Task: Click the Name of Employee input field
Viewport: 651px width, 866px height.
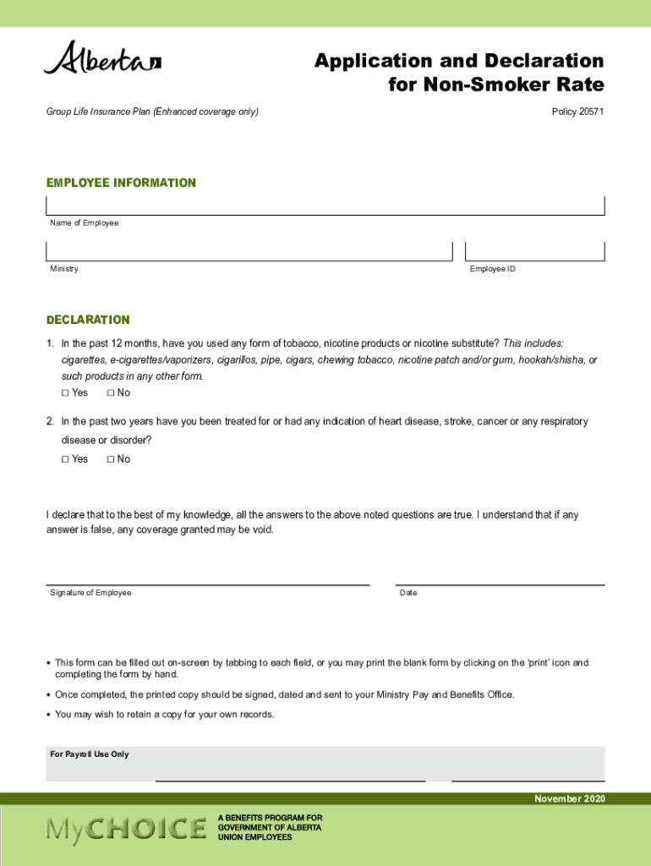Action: pyautogui.click(x=325, y=206)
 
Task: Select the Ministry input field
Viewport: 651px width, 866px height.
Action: pyautogui.click(x=249, y=251)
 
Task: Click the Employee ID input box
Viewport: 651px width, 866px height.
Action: pyautogui.click(x=535, y=251)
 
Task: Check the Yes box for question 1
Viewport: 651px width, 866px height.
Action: pyautogui.click(x=66, y=393)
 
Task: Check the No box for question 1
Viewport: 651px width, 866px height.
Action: pyautogui.click(x=112, y=393)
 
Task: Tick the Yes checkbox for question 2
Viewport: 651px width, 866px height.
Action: pyautogui.click(x=66, y=459)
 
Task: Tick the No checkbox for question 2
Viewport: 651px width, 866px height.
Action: pyautogui.click(x=112, y=459)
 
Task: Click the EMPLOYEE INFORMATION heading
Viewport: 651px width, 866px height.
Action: pyautogui.click(x=121, y=183)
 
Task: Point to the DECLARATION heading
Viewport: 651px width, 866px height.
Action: pyautogui.click(x=88, y=320)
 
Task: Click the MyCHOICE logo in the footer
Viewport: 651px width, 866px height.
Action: pyautogui.click(x=126, y=828)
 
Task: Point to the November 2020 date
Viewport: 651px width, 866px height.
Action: pyautogui.click(x=569, y=799)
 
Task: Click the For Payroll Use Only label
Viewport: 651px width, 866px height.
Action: pyautogui.click(x=90, y=754)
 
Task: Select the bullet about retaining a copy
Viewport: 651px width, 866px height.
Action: pyautogui.click(x=164, y=715)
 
